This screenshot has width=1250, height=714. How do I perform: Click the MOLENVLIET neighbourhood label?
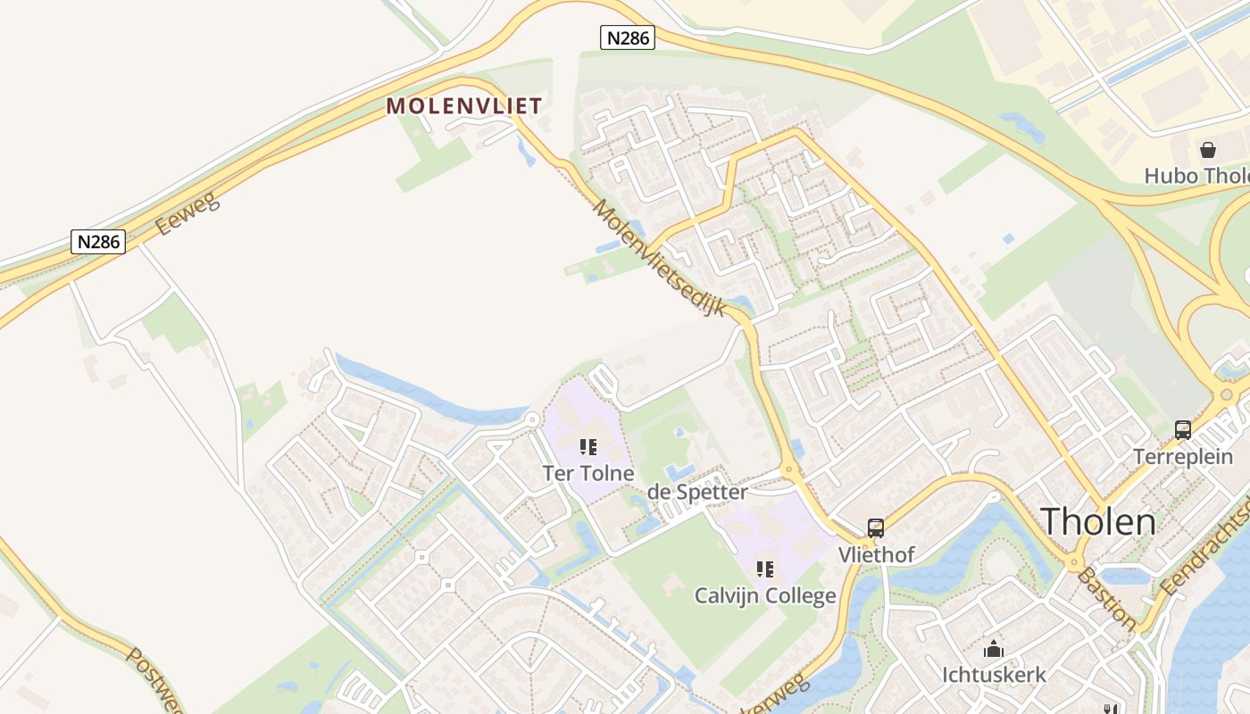point(463,106)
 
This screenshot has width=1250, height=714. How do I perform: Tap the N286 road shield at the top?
point(627,37)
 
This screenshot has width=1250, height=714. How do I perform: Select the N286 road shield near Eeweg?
point(97,242)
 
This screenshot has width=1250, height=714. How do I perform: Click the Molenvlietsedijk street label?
point(658,257)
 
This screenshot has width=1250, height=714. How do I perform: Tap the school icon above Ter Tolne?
point(587,446)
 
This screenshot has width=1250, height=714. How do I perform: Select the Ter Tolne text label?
point(588,474)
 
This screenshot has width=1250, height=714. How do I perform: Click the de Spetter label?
point(697,492)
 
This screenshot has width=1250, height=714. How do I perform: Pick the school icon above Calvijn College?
point(765,569)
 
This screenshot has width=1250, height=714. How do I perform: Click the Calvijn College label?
point(765,595)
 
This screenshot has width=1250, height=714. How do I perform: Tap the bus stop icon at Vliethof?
point(876,528)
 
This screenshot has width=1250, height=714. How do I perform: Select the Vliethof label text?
point(876,555)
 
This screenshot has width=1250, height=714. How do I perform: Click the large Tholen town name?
point(1098,521)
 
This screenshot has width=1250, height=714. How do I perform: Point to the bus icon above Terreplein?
point(1183,430)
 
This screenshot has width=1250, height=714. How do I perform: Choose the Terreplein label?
point(1183,457)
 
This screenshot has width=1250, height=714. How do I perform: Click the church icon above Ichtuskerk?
point(993,649)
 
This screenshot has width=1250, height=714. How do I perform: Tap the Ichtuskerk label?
point(994,675)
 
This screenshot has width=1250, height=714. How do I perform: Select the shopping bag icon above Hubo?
point(1208,150)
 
